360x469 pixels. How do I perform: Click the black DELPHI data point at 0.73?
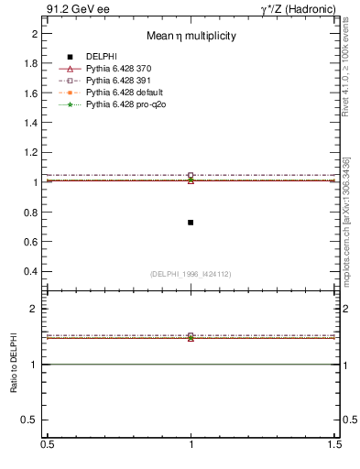coord(191,223)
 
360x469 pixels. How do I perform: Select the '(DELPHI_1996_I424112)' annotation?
coord(191,272)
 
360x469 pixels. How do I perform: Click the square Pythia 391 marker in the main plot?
coord(191,175)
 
